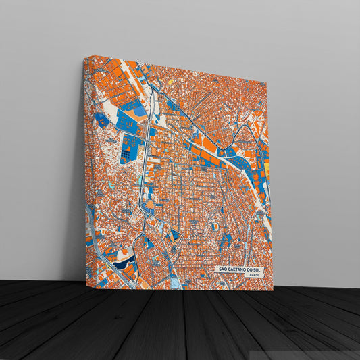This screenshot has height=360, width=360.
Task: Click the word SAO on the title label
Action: [x=221, y=269]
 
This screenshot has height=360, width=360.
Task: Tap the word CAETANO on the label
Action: [x=236, y=269]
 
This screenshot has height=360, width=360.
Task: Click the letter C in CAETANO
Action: [x=228, y=269]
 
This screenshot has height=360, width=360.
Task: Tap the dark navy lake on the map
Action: [x=124, y=265]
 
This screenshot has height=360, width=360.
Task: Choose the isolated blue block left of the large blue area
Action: [x=101, y=120]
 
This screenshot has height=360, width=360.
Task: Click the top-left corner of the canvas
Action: [x=85, y=58]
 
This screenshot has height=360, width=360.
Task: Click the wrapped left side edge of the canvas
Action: [x=84, y=169]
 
